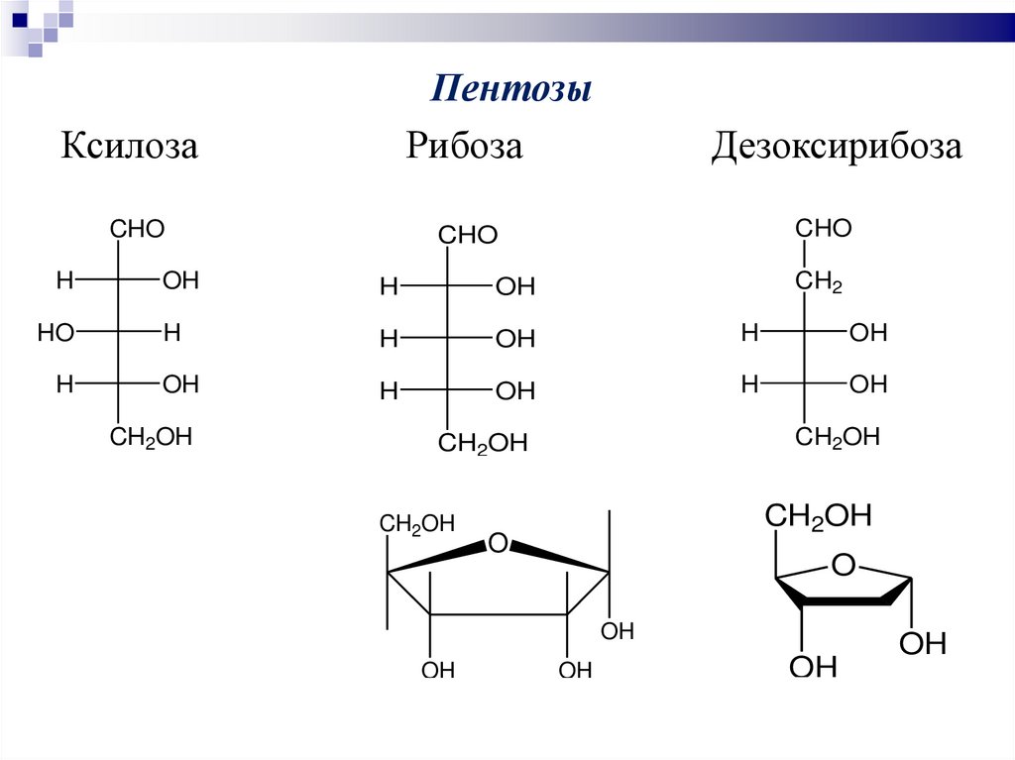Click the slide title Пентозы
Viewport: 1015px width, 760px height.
(510, 90)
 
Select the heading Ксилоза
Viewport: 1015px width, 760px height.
(130, 147)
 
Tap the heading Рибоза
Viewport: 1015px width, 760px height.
(463, 147)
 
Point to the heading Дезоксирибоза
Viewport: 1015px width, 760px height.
(836, 147)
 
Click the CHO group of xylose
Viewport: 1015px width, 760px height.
(137, 230)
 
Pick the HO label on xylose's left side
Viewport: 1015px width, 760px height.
(56, 333)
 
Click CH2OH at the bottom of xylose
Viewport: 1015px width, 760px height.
(150, 437)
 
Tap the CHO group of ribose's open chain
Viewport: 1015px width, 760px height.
(468, 236)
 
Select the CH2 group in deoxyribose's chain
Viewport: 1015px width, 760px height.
(819, 283)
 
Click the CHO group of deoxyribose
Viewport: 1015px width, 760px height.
(823, 229)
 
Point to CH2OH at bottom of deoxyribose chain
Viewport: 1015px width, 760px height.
(838, 437)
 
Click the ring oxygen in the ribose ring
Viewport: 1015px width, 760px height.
(498, 543)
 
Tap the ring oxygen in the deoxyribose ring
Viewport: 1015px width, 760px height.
(843, 566)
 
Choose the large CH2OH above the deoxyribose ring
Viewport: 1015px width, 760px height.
(818, 516)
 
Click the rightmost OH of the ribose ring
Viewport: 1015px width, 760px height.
(618, 632)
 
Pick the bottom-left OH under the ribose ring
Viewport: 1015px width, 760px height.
(438, 671)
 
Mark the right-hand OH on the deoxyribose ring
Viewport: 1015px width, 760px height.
(923, 645)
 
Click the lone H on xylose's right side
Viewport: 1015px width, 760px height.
(172, 333)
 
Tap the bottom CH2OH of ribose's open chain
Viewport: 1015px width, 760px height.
(483, 444)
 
